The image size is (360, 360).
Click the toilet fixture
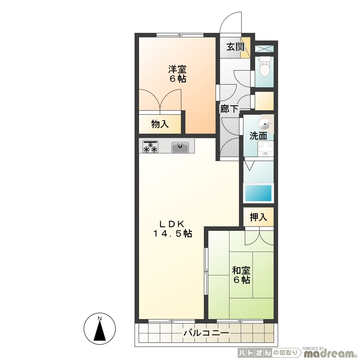point(264,67)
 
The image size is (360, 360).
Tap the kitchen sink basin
point(180,147)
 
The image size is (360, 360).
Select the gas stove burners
point(151,147)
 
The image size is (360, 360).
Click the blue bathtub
point(258,193)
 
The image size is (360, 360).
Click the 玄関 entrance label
point(235,47)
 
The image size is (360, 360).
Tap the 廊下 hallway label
point(229,108)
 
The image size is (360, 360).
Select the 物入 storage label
point(160,124)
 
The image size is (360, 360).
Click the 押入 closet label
point(258,217)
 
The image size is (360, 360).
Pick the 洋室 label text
point(177,69)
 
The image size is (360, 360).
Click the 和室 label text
point(241,270)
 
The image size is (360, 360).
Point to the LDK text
point(172,223)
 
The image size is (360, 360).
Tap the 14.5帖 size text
point(173,234)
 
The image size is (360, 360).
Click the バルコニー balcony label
point(206,333)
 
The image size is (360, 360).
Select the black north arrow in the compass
point(99,330)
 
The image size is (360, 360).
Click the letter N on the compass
point(99,318)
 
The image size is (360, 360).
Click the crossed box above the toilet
point(264,49)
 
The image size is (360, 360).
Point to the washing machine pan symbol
point(265,148)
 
